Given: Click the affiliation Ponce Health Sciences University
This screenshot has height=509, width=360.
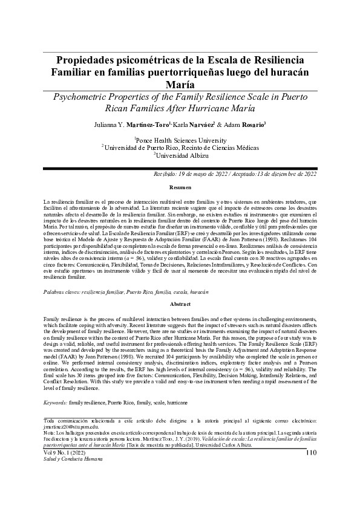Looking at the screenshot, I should (180, 140).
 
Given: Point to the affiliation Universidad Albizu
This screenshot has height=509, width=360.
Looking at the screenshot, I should (181, 155).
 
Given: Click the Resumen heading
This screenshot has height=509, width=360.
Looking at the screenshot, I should (180, 188).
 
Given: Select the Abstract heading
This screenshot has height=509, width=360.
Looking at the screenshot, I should (180, 304).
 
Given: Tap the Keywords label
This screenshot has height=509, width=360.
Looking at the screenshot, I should (56, 402).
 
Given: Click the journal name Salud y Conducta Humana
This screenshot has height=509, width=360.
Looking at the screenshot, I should (68, 459).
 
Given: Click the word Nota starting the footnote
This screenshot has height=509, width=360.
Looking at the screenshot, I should (50, 434).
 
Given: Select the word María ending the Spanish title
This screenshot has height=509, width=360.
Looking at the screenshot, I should (180, 85).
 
